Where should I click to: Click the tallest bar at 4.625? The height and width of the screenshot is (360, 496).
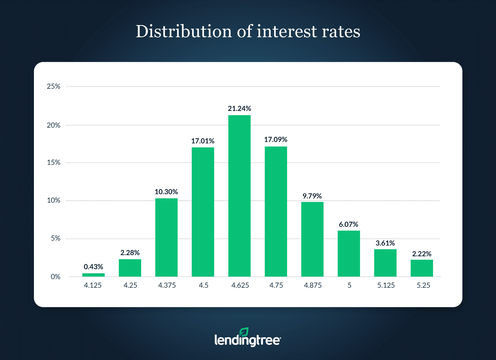point(239,195)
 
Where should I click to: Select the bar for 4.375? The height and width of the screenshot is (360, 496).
point(166,237)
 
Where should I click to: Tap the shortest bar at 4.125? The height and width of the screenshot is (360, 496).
point(93,275)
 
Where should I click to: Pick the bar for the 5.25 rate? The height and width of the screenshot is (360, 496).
point(422,268)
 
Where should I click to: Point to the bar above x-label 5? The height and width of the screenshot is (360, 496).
point(349,253)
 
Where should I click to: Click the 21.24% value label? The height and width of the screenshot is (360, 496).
point(239,109)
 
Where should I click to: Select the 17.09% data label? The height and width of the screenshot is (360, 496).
point(276,139)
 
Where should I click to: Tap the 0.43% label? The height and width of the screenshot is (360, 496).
point(93,267)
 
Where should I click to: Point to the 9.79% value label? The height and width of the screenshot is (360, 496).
point(312,196)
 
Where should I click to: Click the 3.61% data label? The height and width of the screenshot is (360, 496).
point(385,243)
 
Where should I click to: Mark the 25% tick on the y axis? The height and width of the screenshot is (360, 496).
point(54,86)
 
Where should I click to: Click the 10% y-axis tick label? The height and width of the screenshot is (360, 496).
point(54,200)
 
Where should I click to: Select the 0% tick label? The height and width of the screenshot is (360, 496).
point(55,277)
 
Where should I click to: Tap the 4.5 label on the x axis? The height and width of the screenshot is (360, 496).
point(204,285)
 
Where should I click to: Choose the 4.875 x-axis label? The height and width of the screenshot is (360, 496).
point(313,285)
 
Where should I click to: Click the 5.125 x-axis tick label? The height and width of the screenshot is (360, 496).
point(386,285)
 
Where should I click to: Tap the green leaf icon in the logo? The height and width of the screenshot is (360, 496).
point(244,332)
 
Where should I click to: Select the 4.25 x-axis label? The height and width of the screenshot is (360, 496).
point(130,285)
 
